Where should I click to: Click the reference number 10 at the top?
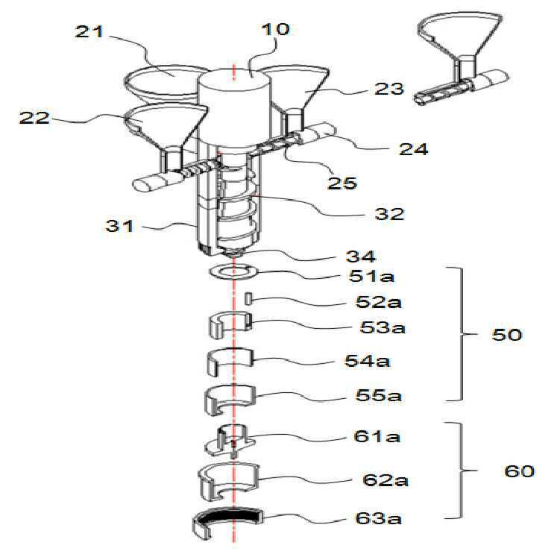(275, 29)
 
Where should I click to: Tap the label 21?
(89, 31)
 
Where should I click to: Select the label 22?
(34, 118)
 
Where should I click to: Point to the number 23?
(389, 89)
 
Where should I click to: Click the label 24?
(414, 148)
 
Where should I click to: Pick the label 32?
(389, 213)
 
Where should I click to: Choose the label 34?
(361, 256)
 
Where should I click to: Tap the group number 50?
(507, 334)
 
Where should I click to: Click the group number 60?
(519, 471)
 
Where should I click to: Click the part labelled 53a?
(230, 324)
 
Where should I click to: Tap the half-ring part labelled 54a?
(230, 362)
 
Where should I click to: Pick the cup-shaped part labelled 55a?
(230, 400)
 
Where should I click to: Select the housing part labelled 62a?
(229, 482)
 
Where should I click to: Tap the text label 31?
(119, 226)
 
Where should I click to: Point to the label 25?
(342, 183)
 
